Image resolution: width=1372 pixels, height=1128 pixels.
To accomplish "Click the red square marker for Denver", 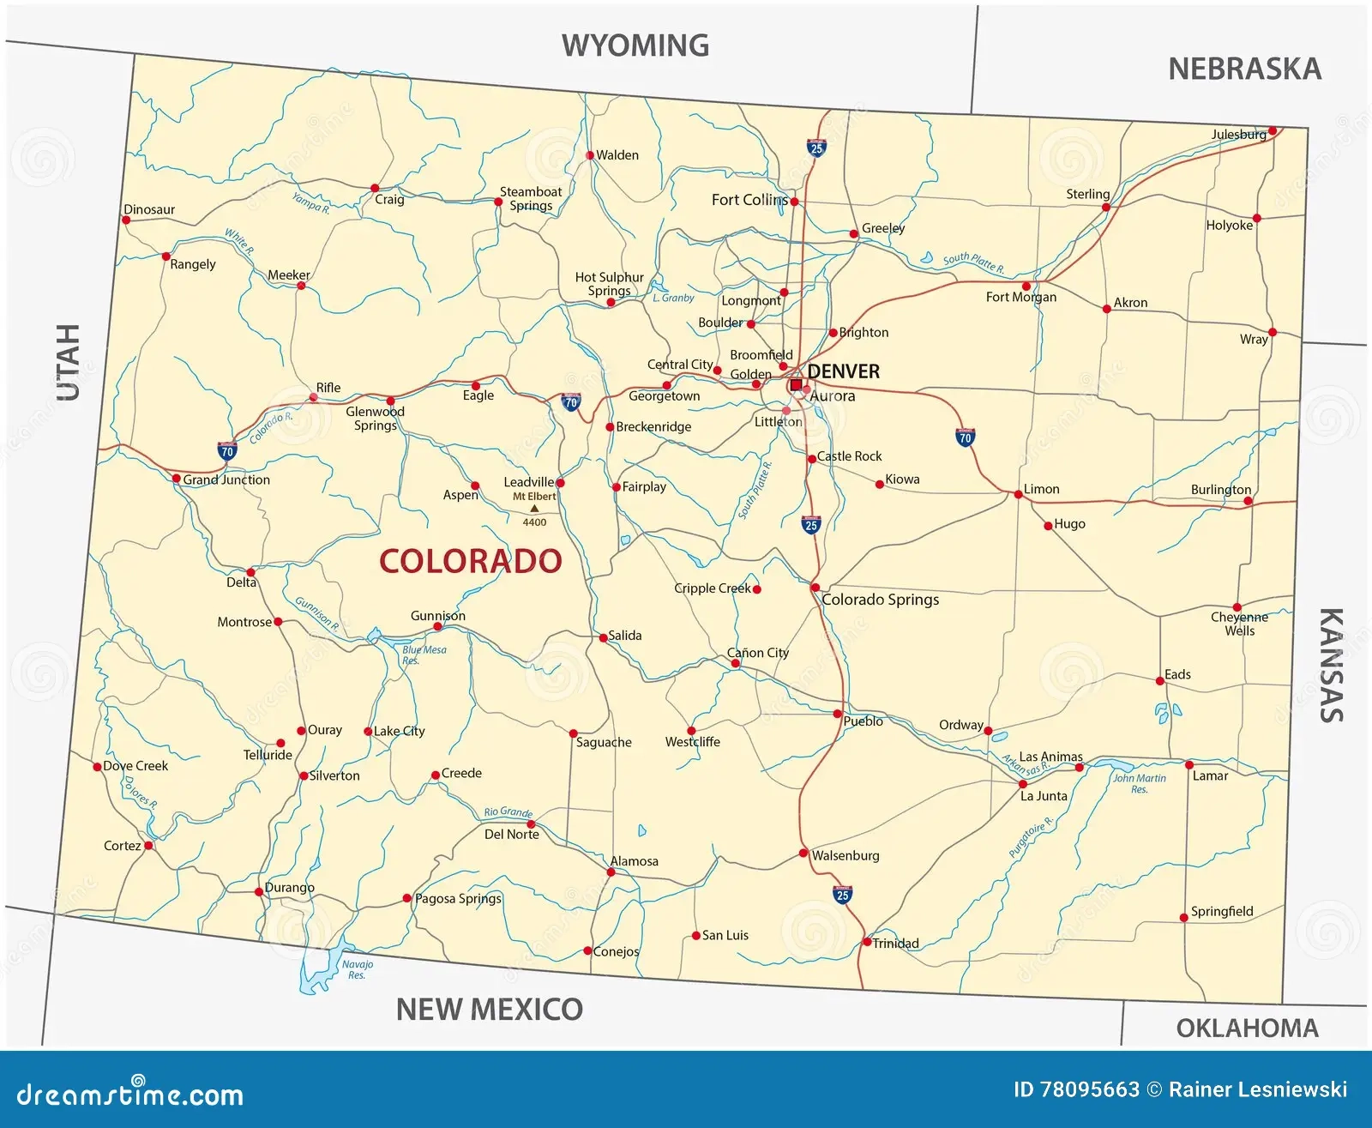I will [796, 385].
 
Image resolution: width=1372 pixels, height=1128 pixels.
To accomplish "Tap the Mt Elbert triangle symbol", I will [534, 509].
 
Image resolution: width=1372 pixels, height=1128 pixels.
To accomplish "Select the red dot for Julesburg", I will [1273, 131].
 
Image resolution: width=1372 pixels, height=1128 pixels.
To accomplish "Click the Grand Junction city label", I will [226, 480].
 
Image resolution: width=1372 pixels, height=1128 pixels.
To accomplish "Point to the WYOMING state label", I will [635, 45].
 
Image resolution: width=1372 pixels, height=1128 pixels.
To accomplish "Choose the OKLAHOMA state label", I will [1247, 1028].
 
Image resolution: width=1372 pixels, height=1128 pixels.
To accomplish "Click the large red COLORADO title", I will [471, 561].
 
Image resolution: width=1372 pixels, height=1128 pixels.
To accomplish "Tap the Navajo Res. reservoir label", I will [358, 969].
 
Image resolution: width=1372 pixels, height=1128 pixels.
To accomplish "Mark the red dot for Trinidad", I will [867, 942].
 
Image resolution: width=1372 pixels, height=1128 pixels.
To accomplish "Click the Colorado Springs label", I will [880, 600].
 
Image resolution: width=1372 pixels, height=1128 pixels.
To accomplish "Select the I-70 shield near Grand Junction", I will [227, 451].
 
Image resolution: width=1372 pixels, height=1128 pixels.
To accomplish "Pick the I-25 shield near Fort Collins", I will [816, 148].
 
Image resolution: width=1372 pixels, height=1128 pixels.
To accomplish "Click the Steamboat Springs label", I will [531, 198].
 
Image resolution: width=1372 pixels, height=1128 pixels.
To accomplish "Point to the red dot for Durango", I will [259, 892].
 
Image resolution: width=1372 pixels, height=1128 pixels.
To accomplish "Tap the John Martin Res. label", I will [1140, 783].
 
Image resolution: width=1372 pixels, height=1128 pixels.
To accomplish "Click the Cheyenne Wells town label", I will [1239, 624].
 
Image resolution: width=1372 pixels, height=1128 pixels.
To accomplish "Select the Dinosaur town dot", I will [126, 220].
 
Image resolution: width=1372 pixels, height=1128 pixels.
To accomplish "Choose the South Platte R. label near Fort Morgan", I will [973, 262].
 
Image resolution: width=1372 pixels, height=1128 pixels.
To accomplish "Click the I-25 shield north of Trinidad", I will [843, 895].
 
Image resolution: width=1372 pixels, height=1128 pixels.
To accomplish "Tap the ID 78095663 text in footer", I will [1076, 1089].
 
